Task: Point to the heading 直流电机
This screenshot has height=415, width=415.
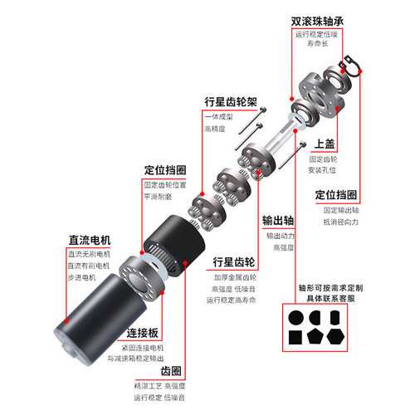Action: tap(90, 241)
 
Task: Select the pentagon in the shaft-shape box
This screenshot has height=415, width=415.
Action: tap(314, 336)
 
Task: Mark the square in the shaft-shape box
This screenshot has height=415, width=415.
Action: tap(295, 336)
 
